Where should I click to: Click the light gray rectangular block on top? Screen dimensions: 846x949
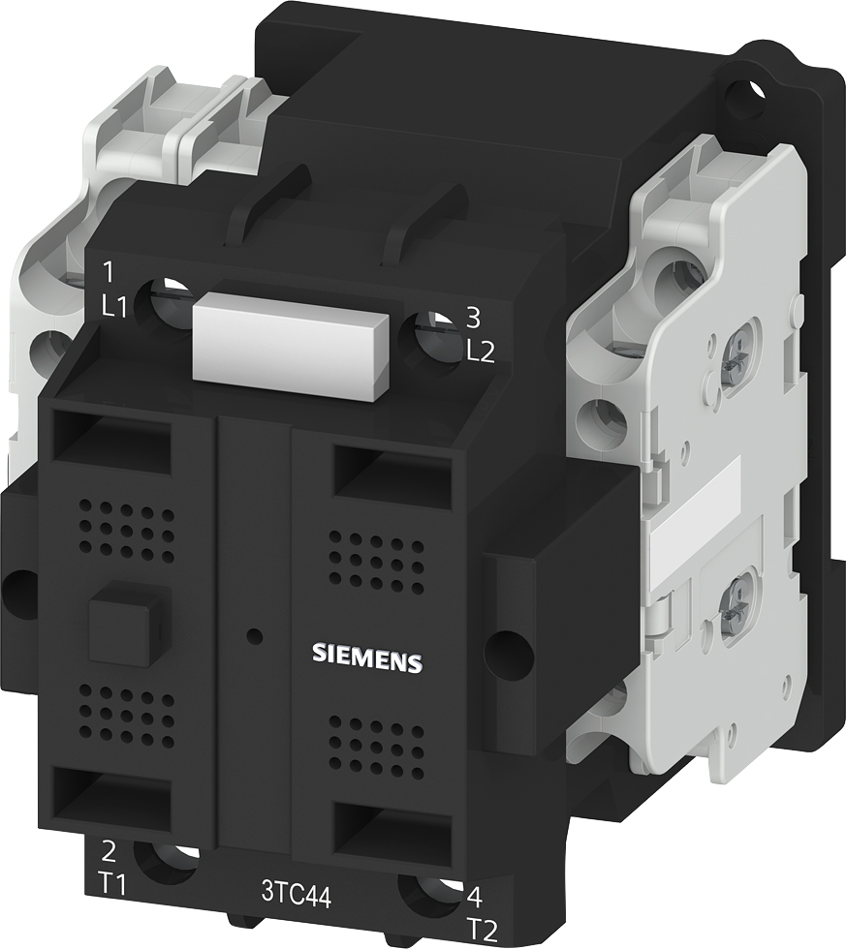tap(291, 343)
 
